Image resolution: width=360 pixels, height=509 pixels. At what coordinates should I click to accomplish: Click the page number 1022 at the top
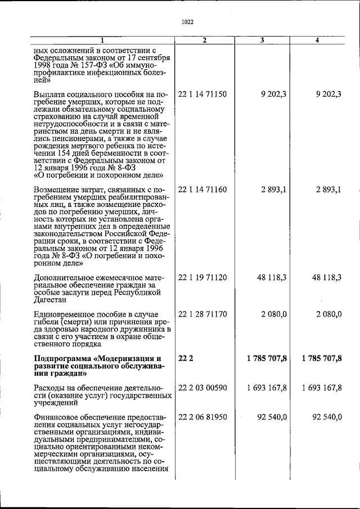click(x=188, y=22)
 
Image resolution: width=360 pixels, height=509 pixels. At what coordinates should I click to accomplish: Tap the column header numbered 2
click(x=205, y=40)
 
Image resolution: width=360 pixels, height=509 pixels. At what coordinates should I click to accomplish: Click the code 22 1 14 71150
click(x=202, y=94)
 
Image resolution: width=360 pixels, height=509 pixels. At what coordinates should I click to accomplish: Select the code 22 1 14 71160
click(x=202, y=190)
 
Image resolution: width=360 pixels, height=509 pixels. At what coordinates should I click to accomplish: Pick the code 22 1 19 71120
click(x=202, y=277)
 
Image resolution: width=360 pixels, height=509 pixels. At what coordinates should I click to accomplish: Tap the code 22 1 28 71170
click(x=202, y=313)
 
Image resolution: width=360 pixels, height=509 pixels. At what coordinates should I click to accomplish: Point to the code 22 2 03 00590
click(x=202, y=388)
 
